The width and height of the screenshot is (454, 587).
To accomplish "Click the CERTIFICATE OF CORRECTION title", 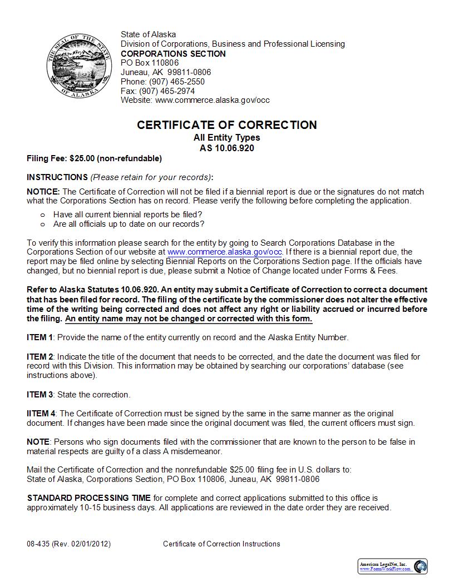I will click(x=227, y=125).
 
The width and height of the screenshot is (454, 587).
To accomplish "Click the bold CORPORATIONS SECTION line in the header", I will click(x=173, y=54).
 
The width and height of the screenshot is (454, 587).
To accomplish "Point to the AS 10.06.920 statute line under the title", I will click(x=227, y=148).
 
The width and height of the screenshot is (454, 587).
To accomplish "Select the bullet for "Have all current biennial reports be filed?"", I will click(x=42, y=215).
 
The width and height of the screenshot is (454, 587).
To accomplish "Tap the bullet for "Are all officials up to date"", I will click(x=42, y=225).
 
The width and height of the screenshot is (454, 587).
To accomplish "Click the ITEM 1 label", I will click(x=40, y=337).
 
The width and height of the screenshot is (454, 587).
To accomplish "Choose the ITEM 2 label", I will click(x=40, y=357).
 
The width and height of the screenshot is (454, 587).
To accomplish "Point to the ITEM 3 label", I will click(x=40, y=395).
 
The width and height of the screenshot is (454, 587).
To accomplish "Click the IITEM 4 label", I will click(x=41, y=414).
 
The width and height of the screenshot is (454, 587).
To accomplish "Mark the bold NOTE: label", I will click(x=38, y=442).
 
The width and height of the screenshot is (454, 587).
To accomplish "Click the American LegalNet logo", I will click(x=393, y=566).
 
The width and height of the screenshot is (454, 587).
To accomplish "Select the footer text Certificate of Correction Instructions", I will click(x=221, y=544).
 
